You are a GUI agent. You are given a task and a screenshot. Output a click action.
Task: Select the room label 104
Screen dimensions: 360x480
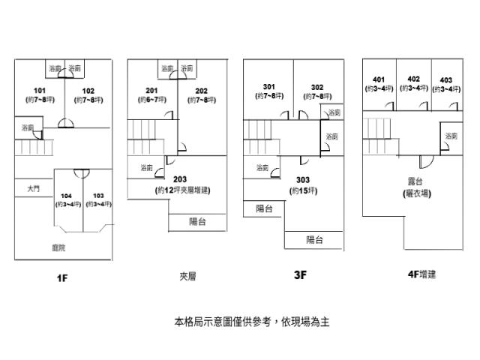(67, 196)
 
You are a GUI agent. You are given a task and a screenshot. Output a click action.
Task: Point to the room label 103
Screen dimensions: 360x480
(97, 196)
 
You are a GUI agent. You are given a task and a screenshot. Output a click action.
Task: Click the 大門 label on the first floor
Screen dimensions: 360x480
(34, 190)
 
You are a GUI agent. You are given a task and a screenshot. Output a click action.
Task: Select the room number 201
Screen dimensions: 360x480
(151, 91)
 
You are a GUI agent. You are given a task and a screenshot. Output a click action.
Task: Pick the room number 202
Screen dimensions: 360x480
(201, 91)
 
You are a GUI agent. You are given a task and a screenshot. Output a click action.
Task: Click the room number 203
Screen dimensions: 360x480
(180, 178)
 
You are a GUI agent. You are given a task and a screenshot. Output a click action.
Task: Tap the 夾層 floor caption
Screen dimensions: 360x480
(187, 276)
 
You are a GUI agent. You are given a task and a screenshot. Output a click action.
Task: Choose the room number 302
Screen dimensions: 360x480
(317, 86)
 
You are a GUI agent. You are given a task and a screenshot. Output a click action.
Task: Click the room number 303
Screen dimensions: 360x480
(303, 180)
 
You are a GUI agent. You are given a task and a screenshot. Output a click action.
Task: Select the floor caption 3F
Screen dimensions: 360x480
(300, 275)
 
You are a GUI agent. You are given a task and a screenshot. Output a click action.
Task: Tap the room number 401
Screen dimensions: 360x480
(379, 79)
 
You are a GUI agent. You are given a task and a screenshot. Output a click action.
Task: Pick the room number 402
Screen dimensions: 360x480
(413, 79)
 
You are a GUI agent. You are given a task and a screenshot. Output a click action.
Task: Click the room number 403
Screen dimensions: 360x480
(446, 80)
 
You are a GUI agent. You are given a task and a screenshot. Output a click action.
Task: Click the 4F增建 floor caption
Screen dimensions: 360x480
(421, 275)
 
